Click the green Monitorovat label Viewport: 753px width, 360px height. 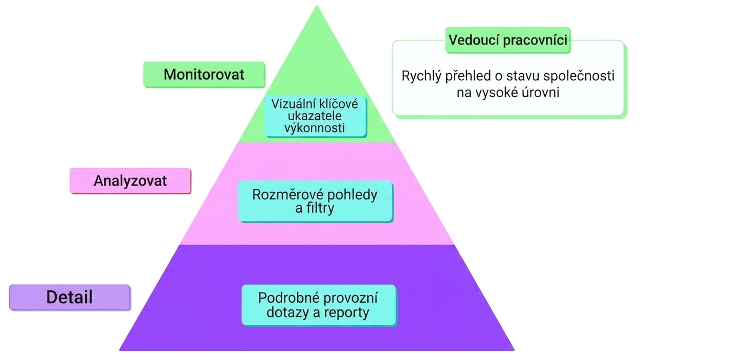(x=204, y=74)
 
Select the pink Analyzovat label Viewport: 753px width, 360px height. (x=130, y=181)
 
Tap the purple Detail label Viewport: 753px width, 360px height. (x=70, y=298)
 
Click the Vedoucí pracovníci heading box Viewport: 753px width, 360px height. (x=508, y=40)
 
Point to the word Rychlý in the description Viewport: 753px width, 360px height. (x=422, y=77)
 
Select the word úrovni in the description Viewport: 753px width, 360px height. (x=540, y=92)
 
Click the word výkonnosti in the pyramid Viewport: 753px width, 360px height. (x=315, y=128)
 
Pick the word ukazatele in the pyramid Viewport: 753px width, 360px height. (x=315, y=116)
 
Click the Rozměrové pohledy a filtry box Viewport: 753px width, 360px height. (x=315, y=201)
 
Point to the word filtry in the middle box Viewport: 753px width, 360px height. (x=320, y=209)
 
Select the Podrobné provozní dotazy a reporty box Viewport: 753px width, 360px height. (x=319, y=305)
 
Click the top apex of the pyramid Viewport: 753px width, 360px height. (x=317, y=6)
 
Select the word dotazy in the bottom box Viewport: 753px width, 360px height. (x=288, y=313)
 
